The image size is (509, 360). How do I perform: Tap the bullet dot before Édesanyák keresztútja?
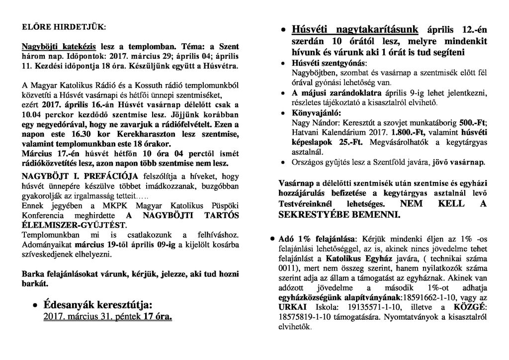pyautogui.click(x=35, y=304)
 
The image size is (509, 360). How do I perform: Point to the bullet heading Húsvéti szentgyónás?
pyautogui.click(x=328, y=64)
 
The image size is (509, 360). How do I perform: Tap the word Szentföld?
pyautogui.click(x=385, y=163)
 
